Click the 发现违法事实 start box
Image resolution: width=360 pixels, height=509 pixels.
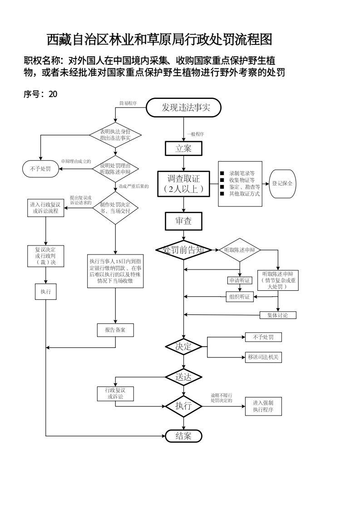click(x=183, y=108)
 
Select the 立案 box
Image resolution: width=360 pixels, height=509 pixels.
click(x=183, y=148)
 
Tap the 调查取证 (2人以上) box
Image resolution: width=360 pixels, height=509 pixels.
click(x=183, y=183)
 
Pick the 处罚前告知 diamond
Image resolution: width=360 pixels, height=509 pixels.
click(x=183, y=250)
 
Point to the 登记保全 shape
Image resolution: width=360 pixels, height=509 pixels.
click(x=282, y=183)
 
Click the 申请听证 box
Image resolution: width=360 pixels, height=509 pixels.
click(x=239, y=280)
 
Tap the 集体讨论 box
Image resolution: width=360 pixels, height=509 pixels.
click(x=278, y=315)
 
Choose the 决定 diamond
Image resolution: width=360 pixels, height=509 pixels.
click(x=183, y=347)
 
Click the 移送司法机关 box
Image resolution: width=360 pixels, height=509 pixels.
click(x=263, y=357)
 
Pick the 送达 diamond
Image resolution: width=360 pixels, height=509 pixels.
click(x=183, y=377)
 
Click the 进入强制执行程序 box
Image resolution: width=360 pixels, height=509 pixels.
click(x=263, y=406)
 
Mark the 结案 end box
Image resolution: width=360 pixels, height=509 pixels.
click(x=183, y=436)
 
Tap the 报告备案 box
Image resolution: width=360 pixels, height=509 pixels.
click(x=115, y=330)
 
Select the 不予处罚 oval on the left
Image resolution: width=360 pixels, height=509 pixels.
click(x=41, y=169)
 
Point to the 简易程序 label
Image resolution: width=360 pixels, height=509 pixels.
click(x=128, y=103)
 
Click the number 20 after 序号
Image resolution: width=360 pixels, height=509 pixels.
click(x=53, y=94)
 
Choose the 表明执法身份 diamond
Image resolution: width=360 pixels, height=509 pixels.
click(x=115, y=135)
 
